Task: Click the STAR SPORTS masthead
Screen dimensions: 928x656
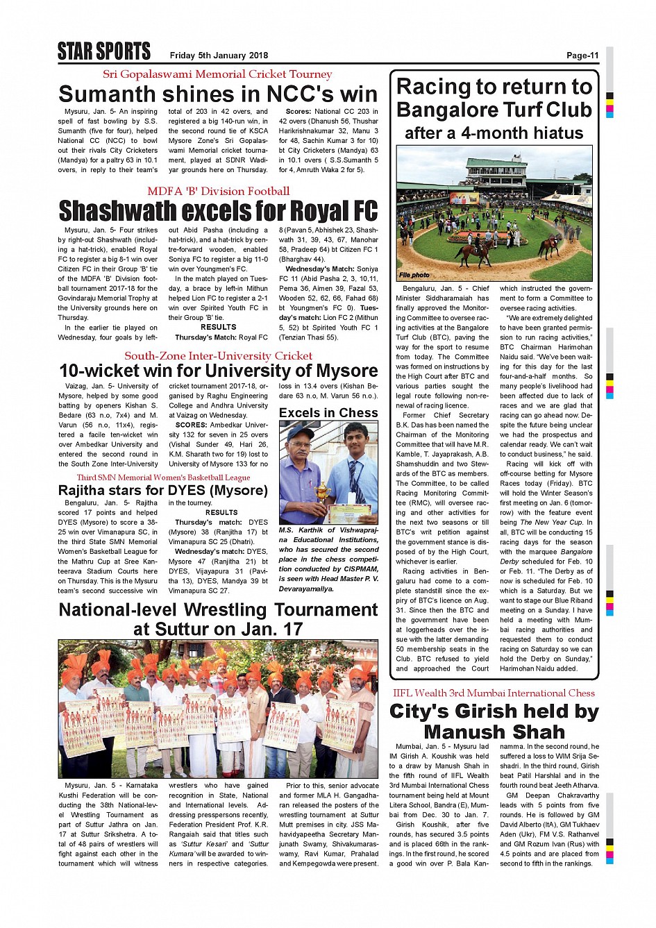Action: tap(104, 52)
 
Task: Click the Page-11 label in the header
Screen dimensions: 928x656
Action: tap(582, 56)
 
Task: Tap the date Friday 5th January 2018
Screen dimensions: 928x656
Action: tap(219, 56)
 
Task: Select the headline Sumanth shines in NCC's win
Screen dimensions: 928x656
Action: tap(218, 94)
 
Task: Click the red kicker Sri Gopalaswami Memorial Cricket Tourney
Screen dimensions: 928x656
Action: tap(217, 74)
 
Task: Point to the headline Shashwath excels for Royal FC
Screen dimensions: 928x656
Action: tap(218, 210)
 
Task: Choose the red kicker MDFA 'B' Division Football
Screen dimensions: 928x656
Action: tap(218, 191)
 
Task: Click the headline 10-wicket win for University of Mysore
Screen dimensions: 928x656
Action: tap(218, 371)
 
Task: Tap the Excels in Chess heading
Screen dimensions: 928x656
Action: tap(328, 412)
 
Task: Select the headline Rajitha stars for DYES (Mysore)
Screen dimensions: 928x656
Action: tap(162, 490)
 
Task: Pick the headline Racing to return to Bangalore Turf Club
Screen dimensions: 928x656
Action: tap(494, 98)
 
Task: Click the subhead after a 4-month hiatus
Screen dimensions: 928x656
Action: tap(494, 133)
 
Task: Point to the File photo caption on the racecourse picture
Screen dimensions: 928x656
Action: tap(414, 275)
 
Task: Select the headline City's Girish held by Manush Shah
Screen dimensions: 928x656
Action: tap(494, 721)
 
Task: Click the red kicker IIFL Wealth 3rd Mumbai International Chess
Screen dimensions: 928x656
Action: tap(494, 693)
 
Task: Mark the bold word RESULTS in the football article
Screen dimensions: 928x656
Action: tap(218, 327)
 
